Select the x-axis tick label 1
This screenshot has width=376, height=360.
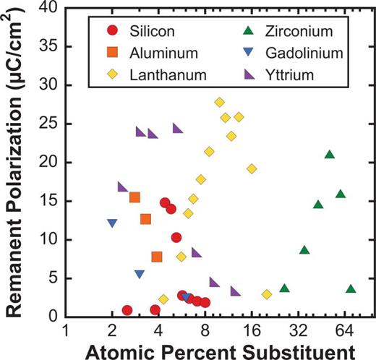66,331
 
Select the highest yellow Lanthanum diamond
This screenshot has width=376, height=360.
219,102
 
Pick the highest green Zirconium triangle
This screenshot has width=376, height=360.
330,155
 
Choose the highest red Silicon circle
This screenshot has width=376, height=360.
165,203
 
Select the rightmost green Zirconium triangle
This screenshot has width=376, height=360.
351,289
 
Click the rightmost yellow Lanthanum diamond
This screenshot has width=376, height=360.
267,294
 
